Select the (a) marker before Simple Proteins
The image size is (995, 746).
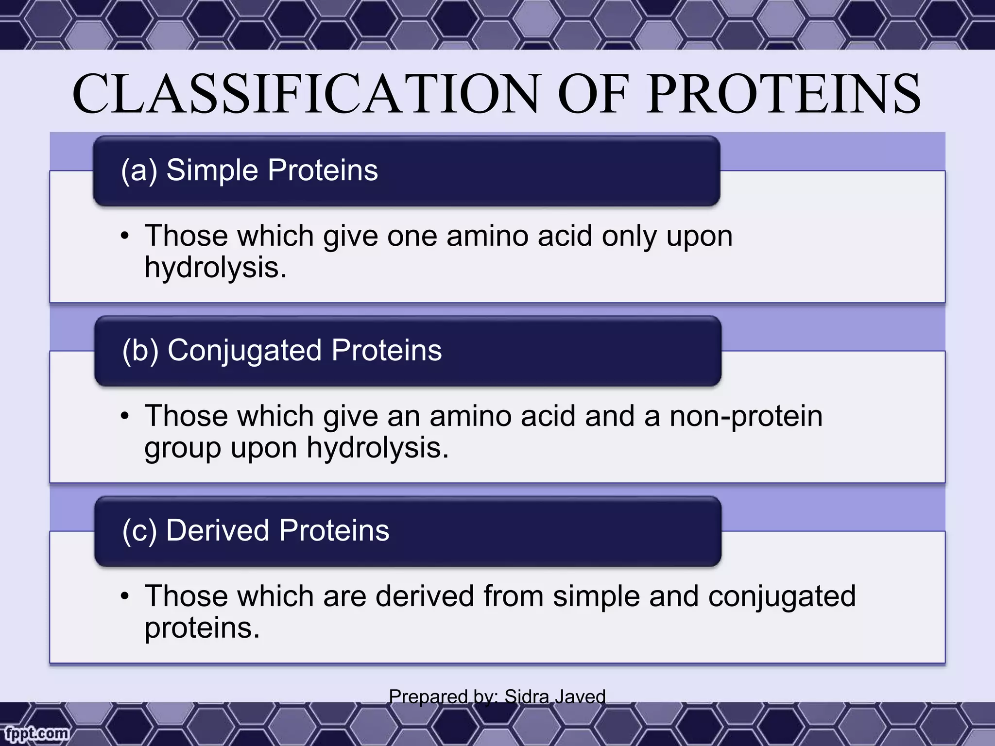(x=139, y=170)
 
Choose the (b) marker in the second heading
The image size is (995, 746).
(x=140, y=351)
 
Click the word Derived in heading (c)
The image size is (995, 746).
(x=218, y=530)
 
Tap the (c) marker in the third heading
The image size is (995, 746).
(x=139, y=530)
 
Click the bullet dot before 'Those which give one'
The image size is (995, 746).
(x=125, y=237)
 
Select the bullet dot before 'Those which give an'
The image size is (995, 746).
(x=125, y=417)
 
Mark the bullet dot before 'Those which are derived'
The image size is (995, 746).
(x=125, y=597)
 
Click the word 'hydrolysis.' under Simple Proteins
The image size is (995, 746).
(x=216, y=268)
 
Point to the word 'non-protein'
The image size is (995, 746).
(x=746, y=417)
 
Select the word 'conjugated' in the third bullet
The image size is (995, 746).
(x=781, y=597)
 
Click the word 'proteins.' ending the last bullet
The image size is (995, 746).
(x=202, y=628)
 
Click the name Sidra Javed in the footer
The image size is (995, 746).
(x=555, y=696)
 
